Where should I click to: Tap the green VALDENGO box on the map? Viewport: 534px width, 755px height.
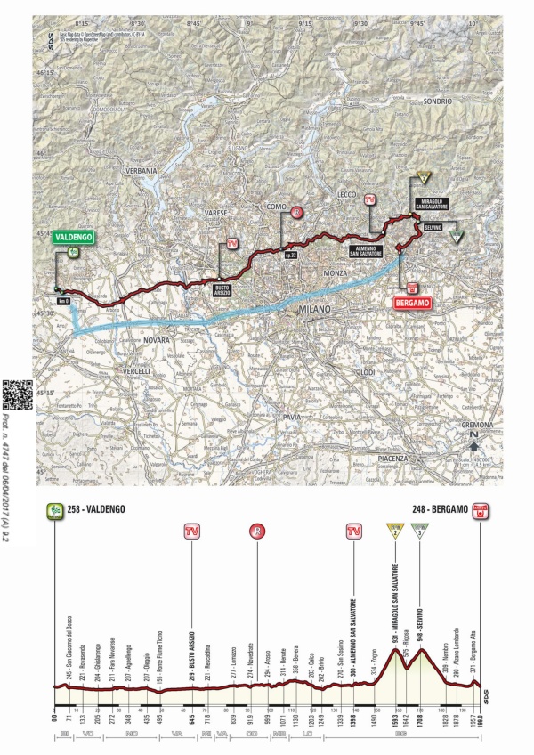click(x=71, y=238)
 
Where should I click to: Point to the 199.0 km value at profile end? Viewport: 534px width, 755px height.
click(x=481, y=714)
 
